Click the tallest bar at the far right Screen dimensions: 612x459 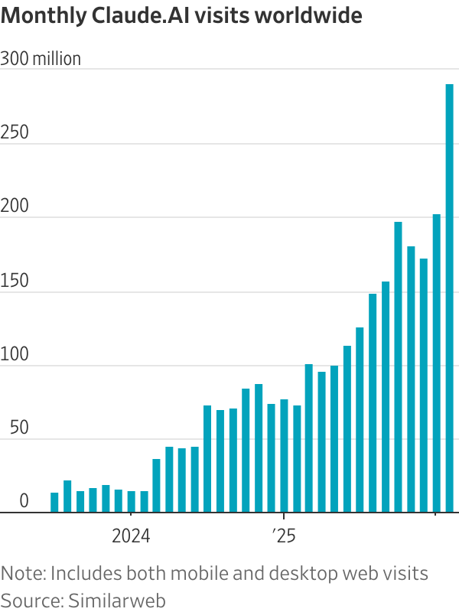click(x=450, y=298)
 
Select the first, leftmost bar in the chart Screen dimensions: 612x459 click(x=54, y=503)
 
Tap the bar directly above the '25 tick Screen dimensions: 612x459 click(x=284, y=456)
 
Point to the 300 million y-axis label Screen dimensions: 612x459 click(x=41, y=59)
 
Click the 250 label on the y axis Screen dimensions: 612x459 click(x=15, y=132)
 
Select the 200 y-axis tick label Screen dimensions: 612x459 click(x=15, y=207)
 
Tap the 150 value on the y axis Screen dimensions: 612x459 click(x=15, y=281)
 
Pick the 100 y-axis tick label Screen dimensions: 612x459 click(x=15, y=354)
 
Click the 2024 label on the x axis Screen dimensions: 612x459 click(x=131, y=536)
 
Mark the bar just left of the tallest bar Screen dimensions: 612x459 click(x=437, y=363)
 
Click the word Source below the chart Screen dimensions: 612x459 click(x=31, y=600)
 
